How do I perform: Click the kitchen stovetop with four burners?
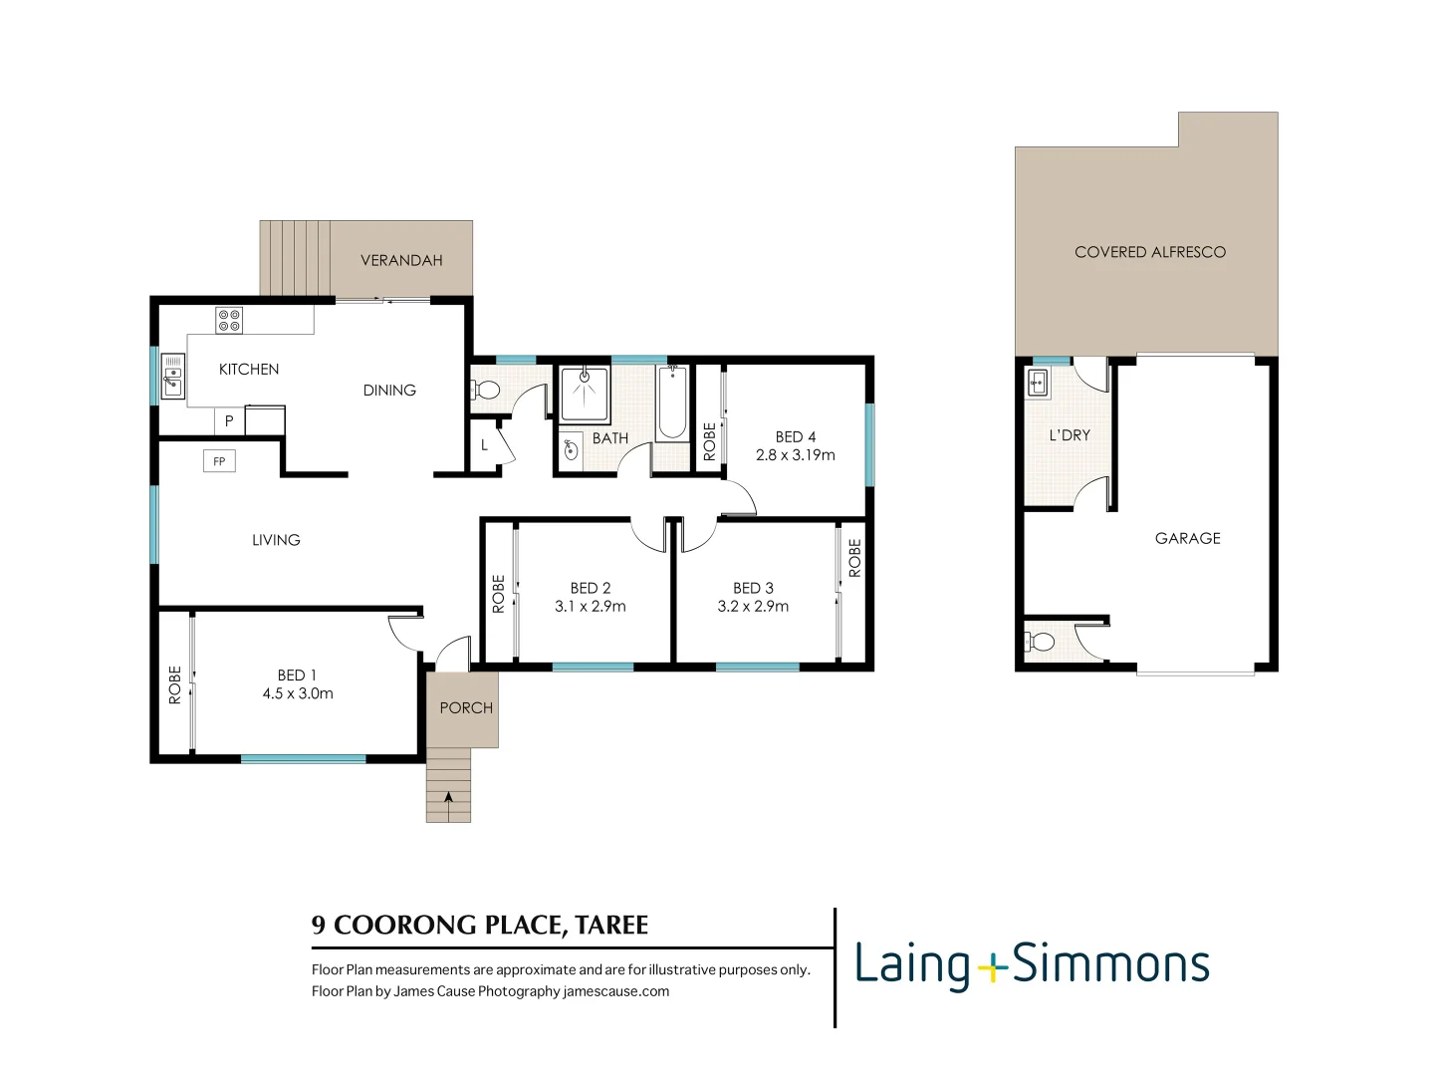pyautogui.click(x=229, y=320)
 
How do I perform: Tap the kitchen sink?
pyautogui.click(x=173, y=377)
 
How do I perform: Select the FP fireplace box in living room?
pyautogui.click(x=219, y=461)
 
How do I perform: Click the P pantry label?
pyautogui.click(x=229, y=421)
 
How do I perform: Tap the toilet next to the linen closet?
pyautogui.click(x=486, y=390)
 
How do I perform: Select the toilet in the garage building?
pyautogui.click(x=1040, y=641)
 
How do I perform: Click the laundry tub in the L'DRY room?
pyautogui.click(x=1038, y=383)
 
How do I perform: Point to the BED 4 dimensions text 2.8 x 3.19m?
pyautogui.click(x=795, y=455)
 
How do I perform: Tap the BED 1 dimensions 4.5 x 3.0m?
pyautogui.click(x=298, y=693)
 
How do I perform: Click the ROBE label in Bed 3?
pyautogui.click(x=854, y=558)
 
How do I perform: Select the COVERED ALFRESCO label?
pyautogui.click(x=1150, y=252)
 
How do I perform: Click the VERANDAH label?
pyautogui.click(x=401, y=260)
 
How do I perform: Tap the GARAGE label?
pyautogui.click(x=1187, y=538)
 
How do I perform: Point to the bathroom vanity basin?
pyautogui.click(x=571, y=449)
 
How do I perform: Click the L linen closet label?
pyautogui.click(x=484, y=444)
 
